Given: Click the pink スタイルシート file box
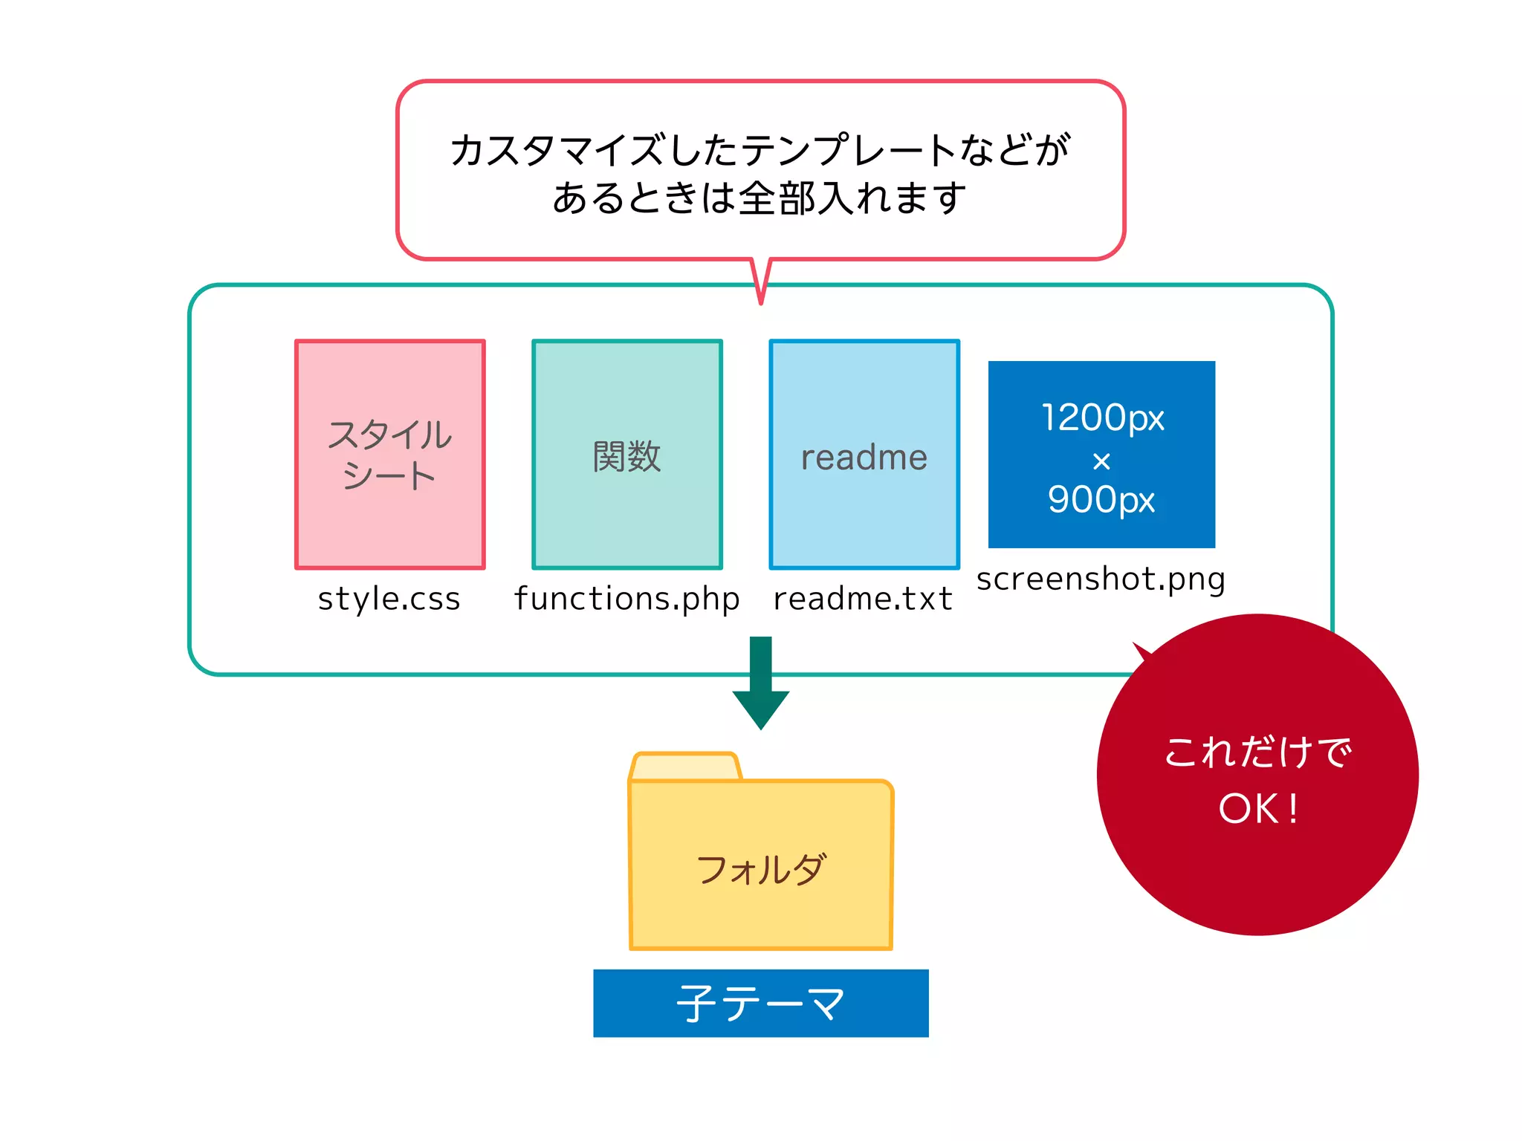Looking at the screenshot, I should click(389, 455).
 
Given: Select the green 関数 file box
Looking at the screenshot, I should click(626, 455).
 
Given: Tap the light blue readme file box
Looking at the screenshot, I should click(864, 455).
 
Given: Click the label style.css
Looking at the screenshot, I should click(389, 599).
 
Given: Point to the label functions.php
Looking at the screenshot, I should click(626, 599).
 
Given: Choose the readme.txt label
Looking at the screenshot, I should click(863, 599).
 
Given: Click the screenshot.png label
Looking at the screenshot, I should click(1101, 579).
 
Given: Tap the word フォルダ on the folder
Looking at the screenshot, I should click(760, 869).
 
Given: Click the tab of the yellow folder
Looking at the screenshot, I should click(684, 767).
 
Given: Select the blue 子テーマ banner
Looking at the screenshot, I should click(760, 1003).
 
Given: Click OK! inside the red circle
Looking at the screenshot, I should click(1257, 808).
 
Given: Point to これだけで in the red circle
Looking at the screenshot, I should click(1257, 752).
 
